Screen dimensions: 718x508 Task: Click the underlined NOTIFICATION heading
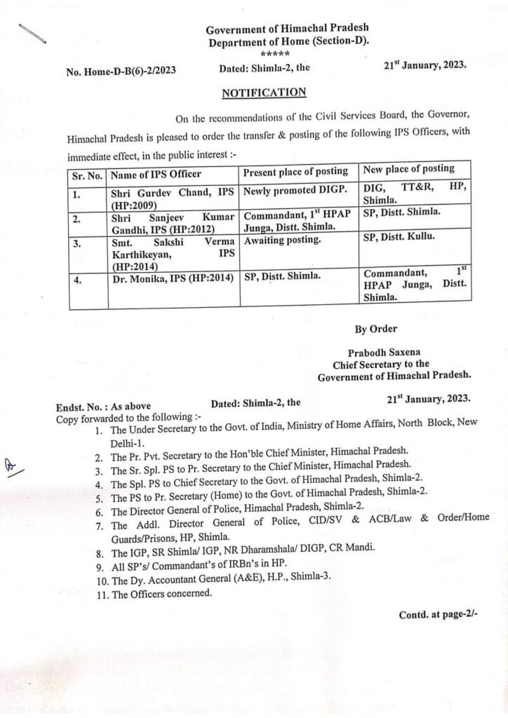pyautogui.click(x=264, y=93)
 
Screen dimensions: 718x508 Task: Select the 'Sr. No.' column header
pyautogui.click(x=87, y=173)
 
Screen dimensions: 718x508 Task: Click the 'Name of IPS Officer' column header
pyautogui.click(x=156, y=173)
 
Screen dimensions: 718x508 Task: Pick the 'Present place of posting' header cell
pyautogui.click(x=295, y=171)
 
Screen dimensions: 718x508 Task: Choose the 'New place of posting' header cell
pyautogui.click(x=408, y=168)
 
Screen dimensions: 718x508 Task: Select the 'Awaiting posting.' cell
pyautogui.click(x=282, y=239)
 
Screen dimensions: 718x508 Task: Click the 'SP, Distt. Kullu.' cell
pyautogui.click(x=399, y=236)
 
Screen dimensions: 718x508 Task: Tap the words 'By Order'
pyautogui.click(x=375, y=329)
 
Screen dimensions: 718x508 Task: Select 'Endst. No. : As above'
pyautogui.click(x=103, y=406)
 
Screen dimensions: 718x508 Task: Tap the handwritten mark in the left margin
pyautogui.click(x=13, y=465)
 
